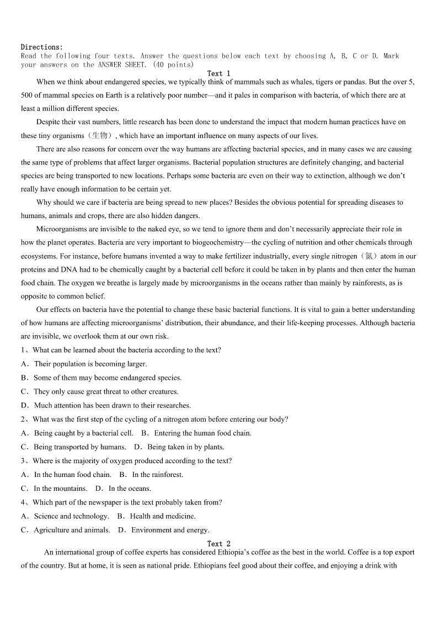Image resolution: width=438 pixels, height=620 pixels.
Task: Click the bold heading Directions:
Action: (42, 47)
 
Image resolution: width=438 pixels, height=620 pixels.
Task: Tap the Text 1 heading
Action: (218, 73)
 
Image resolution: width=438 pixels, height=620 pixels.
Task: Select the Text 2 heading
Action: (218, 544)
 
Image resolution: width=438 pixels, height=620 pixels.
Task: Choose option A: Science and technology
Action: (71, 516)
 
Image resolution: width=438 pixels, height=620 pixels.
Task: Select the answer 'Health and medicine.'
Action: (163, 516)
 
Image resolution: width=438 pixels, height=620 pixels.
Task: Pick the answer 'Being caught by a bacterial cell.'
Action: (83, 433)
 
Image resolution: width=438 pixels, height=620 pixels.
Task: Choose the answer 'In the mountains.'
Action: (60, 489)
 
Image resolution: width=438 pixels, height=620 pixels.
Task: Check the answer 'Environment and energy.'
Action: (170, 530)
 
